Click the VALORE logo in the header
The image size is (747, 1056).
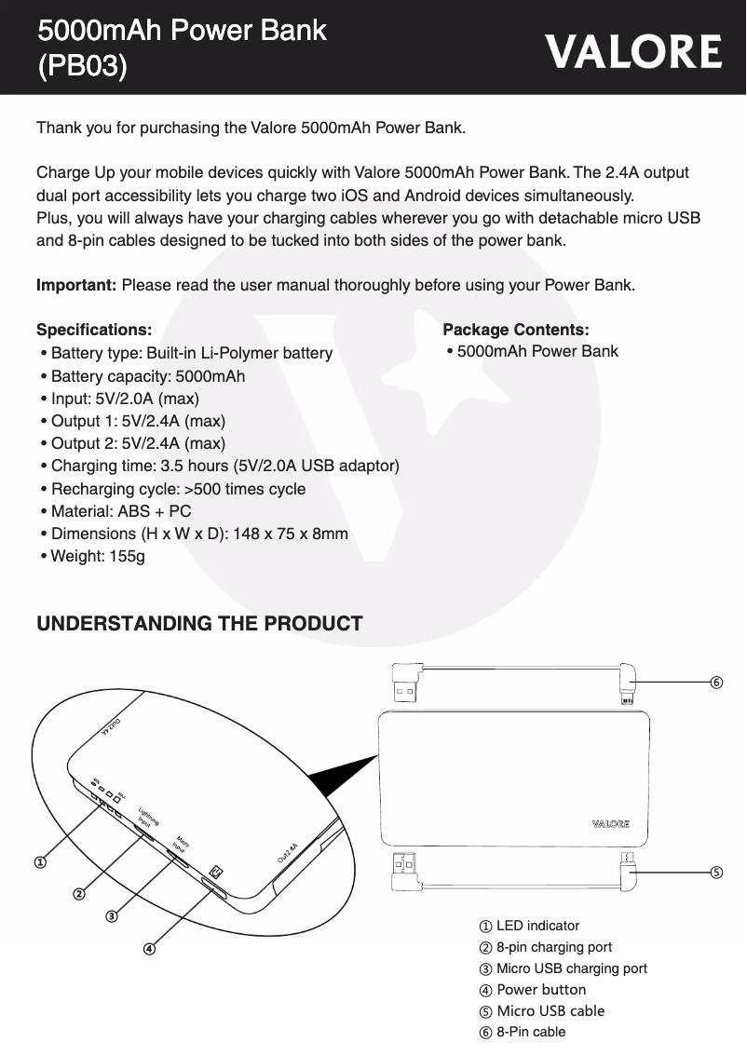pos(633,51)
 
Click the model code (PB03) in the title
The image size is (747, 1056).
pos(82,67)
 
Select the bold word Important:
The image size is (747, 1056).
pos(76,284)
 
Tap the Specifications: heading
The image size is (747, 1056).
pos(94,330)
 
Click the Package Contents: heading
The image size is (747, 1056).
pos(516,330)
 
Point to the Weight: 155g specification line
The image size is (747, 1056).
pos(97,556)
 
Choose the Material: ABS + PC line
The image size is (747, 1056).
pos(121,511)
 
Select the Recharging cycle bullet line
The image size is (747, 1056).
pos(177,489)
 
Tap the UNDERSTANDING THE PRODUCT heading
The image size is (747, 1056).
pos(199,624)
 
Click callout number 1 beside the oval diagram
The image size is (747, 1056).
pos(41,862)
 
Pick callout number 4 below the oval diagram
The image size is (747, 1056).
pos(149,949)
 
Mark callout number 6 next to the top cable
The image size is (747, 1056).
pos(715,682)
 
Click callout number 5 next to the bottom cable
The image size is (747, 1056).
pos(715,873)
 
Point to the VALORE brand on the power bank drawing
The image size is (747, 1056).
pos(610,823)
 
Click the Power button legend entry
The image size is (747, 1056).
pos(541,989)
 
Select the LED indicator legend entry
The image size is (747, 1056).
pos(537,926)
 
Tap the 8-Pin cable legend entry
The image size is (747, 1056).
pos(531,1032)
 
